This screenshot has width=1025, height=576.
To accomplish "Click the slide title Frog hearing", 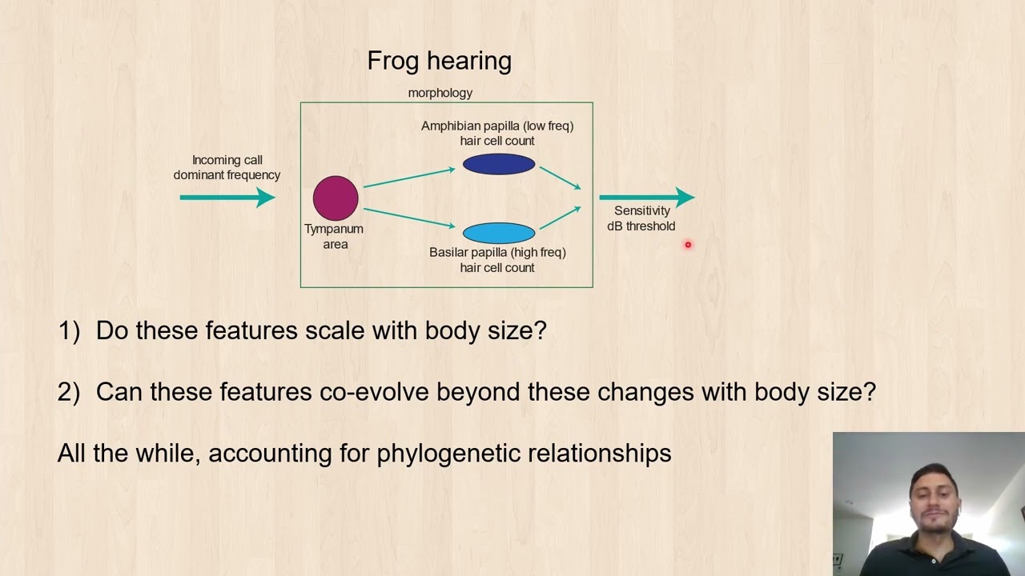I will (439, 61).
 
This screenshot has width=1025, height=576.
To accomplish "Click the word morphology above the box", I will (440, 93).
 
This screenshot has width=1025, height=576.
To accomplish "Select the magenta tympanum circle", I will (336, 198).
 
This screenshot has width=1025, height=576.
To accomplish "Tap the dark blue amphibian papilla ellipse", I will (498, 165).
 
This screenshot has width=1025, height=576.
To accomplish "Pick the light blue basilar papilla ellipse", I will (498, 233).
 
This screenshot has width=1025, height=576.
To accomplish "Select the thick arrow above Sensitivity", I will (645, 197).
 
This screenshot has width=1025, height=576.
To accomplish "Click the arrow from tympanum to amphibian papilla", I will (409, 178).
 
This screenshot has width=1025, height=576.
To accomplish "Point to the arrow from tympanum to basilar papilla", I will (409, 218).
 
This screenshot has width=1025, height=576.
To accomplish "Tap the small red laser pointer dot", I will (687, 245).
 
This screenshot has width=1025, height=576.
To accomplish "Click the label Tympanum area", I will (334, 236).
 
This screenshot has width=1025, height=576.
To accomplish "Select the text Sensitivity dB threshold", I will (641, 218).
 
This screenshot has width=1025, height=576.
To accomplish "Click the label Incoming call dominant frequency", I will (227, 167).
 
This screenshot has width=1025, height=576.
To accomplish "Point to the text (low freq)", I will (548, 126).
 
